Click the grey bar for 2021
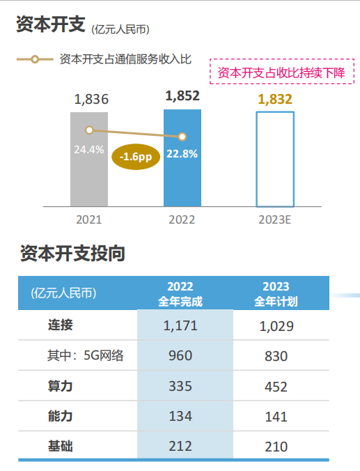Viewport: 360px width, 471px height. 89,174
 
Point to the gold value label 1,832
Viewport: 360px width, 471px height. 275,99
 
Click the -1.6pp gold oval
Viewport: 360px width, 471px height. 135,157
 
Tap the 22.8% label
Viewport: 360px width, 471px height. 182,153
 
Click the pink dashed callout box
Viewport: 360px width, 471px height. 282,72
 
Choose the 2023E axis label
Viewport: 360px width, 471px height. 275,219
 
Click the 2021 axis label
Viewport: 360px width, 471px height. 89,219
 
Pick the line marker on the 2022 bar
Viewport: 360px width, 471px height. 182,137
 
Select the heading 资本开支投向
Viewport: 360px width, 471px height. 72,254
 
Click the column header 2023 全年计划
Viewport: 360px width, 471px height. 276,293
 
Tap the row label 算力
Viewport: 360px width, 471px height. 61,385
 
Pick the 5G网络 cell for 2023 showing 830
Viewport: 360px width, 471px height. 276,356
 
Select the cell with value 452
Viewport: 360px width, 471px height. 276,386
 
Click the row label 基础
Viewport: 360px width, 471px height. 61,446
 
